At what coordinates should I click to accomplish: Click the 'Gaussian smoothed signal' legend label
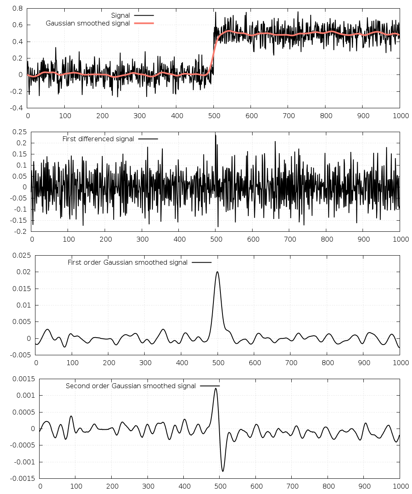click(x=88, y=23)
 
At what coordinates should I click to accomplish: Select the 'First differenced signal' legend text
click(x=98, y=139)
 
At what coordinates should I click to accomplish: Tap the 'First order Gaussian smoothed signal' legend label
click(x=127, y=263)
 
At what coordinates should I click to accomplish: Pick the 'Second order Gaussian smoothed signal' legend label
click(x=131, y=386)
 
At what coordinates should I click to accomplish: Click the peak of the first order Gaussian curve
click(x=217, y=272)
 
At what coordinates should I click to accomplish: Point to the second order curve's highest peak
click(x=215, y=388)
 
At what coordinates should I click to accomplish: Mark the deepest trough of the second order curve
click(x=223, y=471)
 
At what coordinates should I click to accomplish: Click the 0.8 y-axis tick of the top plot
click(x=17, y=8)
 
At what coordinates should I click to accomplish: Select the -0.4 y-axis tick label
click(x=15, y=108)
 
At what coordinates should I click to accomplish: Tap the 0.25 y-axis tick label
click(x=20, y=132)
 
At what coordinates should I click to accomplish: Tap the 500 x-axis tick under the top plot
click(x=213, y=116)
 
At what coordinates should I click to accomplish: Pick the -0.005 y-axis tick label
click(x=20, y=355)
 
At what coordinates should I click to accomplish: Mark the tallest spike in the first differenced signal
click(x=215, y=135)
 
